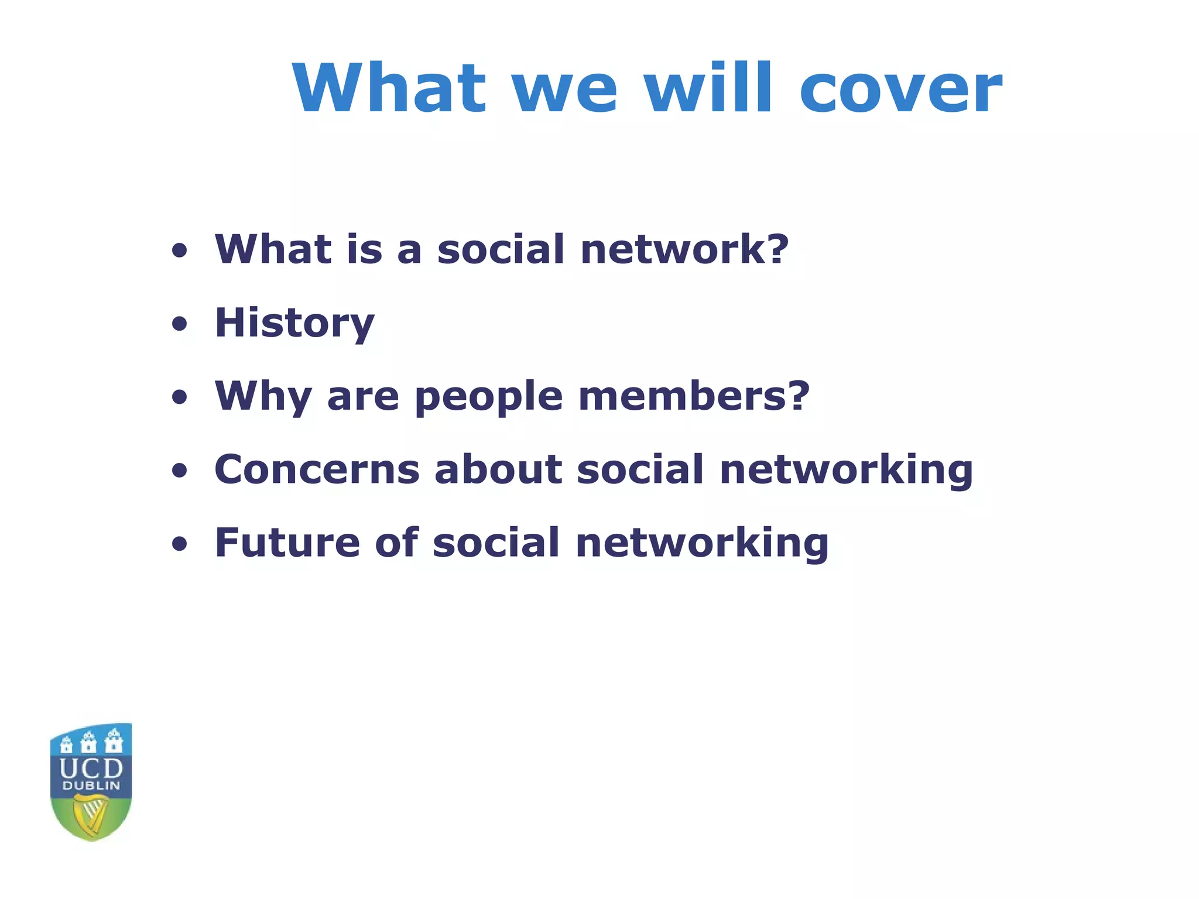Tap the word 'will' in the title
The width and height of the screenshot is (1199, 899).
[x=708, y=88]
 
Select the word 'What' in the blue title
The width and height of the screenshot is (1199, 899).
[x=389, y=88]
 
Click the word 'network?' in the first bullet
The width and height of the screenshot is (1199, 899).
[x=684, y=249]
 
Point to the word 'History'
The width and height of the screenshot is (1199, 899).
[x=294, y=323]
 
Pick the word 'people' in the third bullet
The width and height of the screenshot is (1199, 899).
[x=488, y=398]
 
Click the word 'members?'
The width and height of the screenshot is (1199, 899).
[x=694, y=396]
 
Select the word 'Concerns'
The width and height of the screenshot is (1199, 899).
[x=317, y=469]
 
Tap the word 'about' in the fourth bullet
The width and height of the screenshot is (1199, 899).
[x=498, y=469]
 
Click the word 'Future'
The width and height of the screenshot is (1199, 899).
[x=287, y=543]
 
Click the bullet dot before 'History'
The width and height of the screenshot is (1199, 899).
[x=180, y=324]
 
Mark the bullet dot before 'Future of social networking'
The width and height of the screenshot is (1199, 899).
[x=180, y=544]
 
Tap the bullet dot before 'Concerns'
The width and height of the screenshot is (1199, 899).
[x=180, y=471]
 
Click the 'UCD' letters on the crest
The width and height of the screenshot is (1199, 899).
[x=91, y=768]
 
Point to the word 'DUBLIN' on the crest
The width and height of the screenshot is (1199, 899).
[x=91, y=786]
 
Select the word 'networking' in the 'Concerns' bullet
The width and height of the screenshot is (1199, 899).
[x=846, y=471]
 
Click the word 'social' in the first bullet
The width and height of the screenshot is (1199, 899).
[x=501, y=249]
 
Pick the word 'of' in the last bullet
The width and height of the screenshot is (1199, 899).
[x=396, y=543]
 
